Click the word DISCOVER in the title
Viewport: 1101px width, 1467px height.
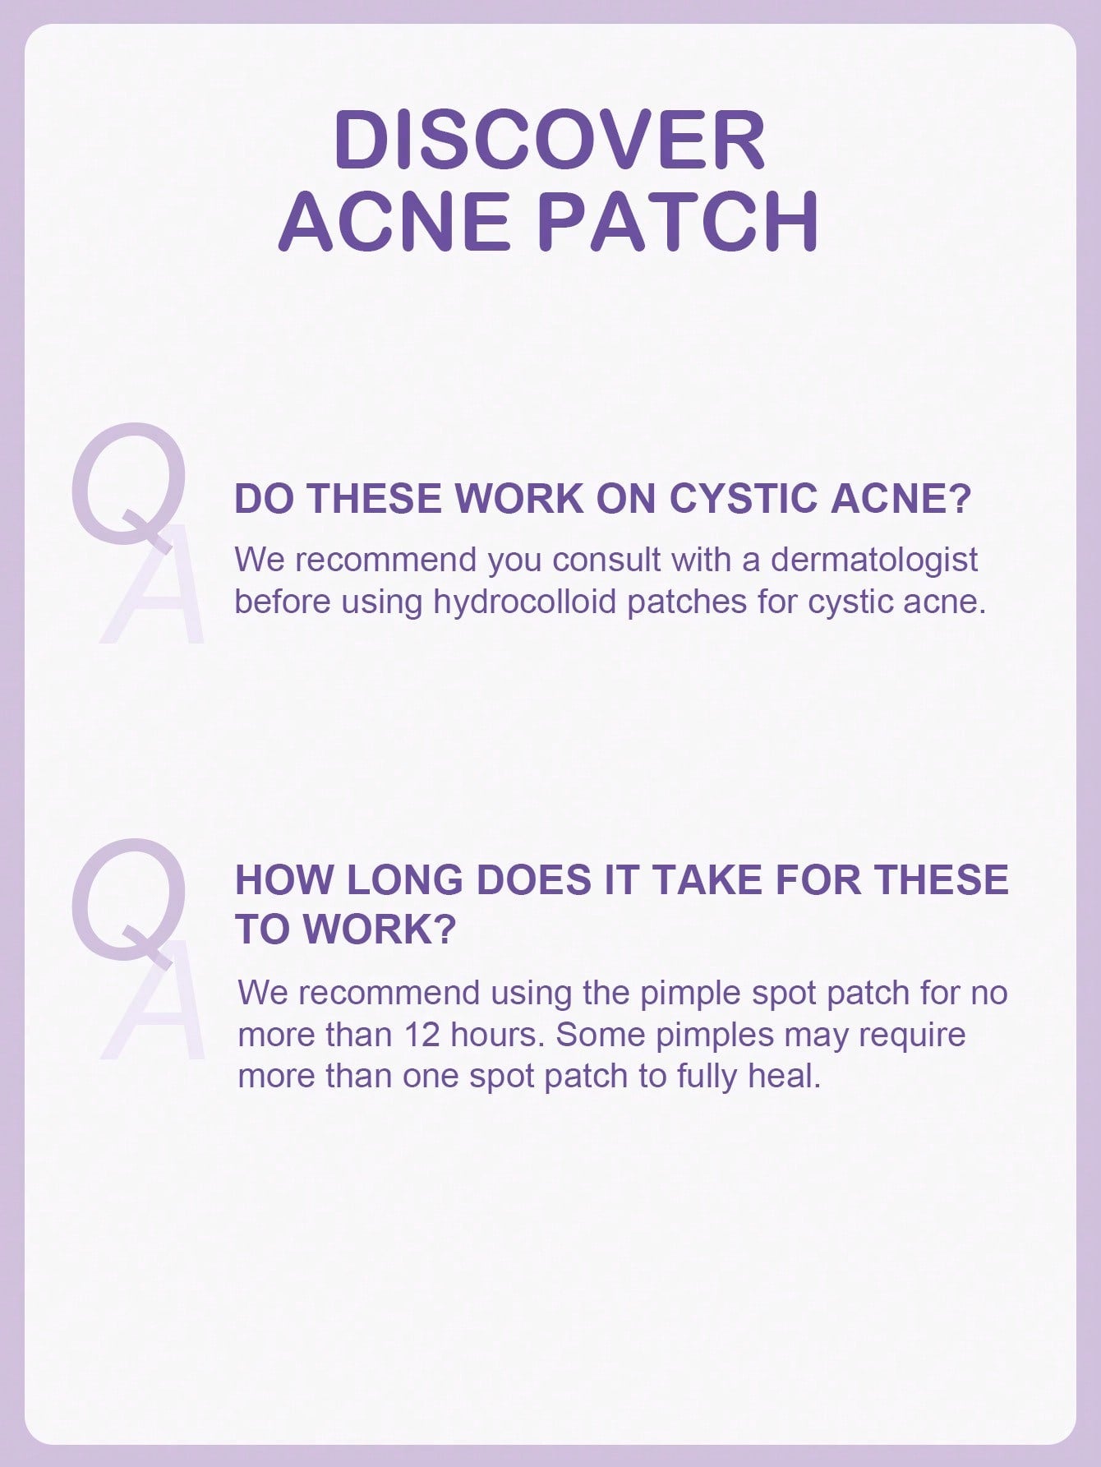click(550, 140)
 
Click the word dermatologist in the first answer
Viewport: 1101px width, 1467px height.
click(874, 560)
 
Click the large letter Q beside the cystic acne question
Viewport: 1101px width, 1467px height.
click(127, 485)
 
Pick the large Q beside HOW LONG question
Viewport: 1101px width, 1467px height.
click(127, 900)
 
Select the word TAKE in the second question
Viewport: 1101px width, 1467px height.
click(707, 879)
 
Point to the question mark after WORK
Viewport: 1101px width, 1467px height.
click(443, 929)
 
